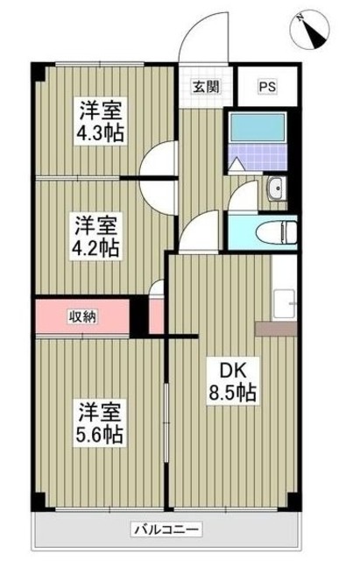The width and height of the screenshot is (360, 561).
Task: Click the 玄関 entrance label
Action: pos(206,86)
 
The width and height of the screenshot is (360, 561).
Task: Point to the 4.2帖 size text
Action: pos(95,245)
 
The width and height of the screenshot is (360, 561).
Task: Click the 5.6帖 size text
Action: pos(98,433)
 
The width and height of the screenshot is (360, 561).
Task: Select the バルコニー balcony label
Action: pos(166,529)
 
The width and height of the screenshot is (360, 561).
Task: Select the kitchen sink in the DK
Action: pos(285,302)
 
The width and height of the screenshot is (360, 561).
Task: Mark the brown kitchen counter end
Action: pos(276,329)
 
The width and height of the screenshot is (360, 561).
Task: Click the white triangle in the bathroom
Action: pos(236,163)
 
